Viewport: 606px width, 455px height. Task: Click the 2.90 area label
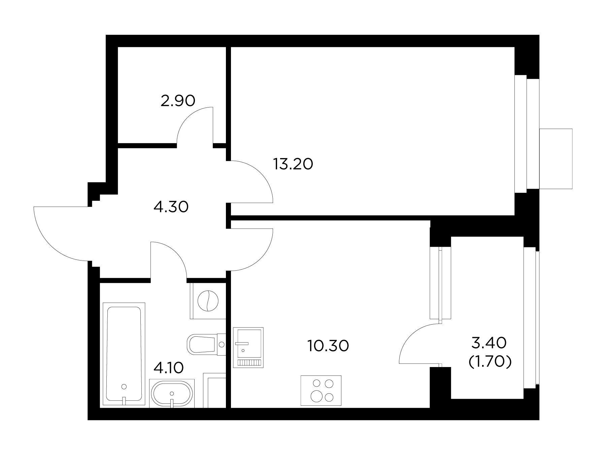(x=178, y=100)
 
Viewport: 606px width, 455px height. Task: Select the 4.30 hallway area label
(x=171, y=207)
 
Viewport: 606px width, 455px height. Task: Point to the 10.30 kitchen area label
(x=328, y=345)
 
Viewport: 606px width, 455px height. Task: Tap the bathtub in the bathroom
(x=124, y=353)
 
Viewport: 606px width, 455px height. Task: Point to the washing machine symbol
(x=208, y=301)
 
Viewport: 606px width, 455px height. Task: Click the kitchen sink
(x=248, y=347)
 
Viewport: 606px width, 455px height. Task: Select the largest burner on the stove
(x=317, y=396)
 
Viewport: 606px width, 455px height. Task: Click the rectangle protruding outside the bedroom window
(x=556, y=159)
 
